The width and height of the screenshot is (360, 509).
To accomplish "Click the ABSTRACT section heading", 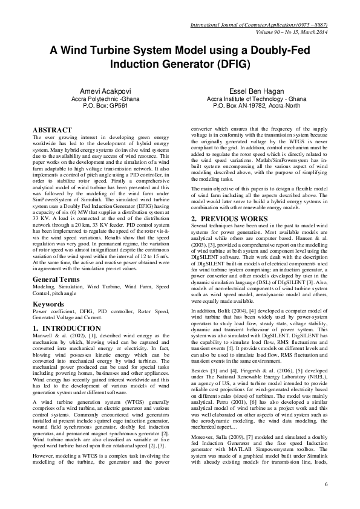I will click(x=53, y=130).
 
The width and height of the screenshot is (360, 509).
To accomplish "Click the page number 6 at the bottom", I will click(x=326, y=484).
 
